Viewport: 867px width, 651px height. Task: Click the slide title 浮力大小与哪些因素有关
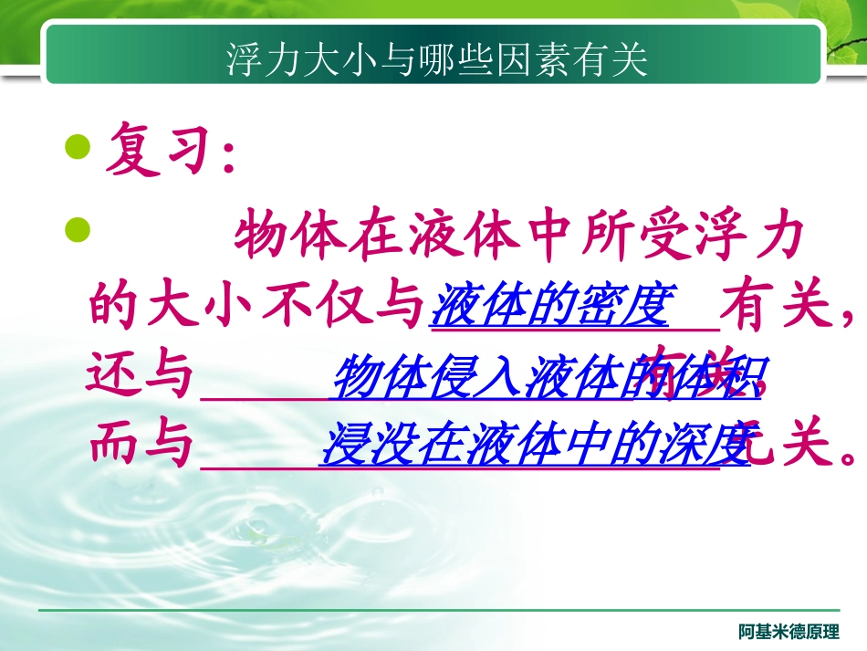point(437,60)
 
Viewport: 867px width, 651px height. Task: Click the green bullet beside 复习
point(80,146)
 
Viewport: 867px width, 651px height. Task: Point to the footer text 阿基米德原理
point(788,632)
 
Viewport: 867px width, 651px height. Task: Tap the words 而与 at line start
point(142,446)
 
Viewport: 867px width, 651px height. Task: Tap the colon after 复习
point(228,155)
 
